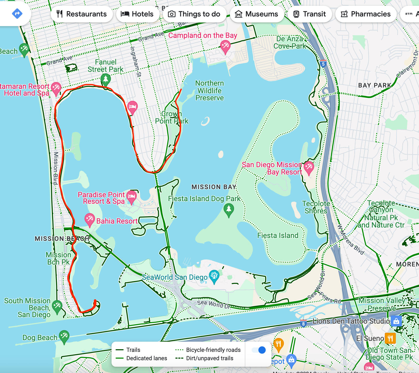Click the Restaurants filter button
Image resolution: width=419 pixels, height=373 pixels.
82,14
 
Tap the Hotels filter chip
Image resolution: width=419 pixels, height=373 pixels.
137,14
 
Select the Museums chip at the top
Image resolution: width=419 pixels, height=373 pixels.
257,14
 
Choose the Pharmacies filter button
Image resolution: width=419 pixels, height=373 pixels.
366,14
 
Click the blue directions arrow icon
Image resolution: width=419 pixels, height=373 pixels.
17,13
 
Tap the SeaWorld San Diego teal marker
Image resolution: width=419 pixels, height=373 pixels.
214,276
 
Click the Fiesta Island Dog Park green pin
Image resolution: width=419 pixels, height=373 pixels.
229,209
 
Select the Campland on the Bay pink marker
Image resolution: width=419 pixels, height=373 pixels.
225,46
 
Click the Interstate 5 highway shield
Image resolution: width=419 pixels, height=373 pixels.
323,64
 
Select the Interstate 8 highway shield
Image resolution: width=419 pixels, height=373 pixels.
303,324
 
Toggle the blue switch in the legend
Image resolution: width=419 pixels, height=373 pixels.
259,350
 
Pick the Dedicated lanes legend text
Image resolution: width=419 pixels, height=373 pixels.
147,358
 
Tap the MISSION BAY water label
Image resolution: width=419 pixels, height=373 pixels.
214,187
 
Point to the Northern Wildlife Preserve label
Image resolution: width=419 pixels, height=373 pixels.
209,91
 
